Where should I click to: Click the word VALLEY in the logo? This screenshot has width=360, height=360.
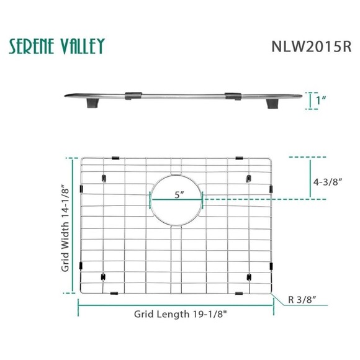click(x=82, y=46)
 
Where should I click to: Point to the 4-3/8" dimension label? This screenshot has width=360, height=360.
click(x=327, y=183)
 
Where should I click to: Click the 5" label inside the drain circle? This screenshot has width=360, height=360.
click(x=179, y=194)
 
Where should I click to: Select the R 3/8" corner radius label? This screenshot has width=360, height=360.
click(x=305, y=301)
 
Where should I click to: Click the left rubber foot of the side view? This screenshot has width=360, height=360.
click(x=91, y=105)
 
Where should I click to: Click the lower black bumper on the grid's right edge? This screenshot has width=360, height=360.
click(x=271, y=266)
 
